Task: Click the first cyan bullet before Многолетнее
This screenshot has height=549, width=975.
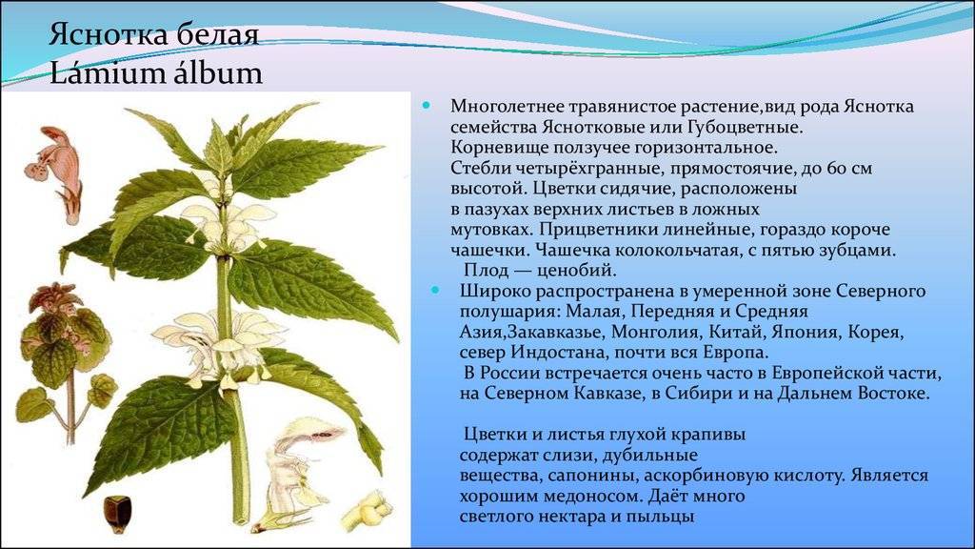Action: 426,106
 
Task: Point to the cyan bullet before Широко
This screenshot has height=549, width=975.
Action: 435,290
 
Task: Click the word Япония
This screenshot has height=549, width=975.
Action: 808,332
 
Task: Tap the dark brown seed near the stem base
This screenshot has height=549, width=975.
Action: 117,514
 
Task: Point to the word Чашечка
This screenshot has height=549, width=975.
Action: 572,251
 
